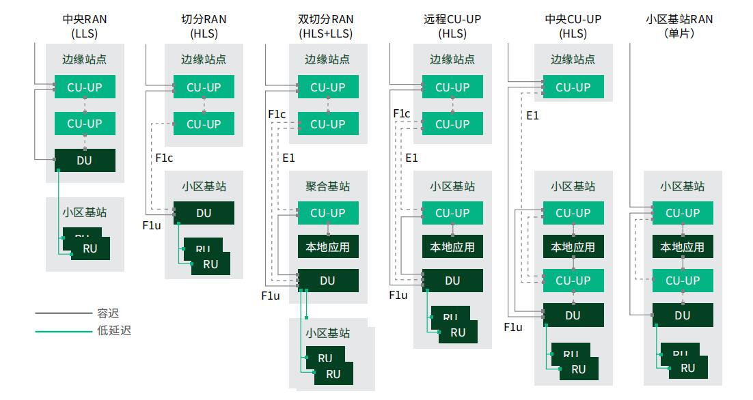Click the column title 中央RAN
pyautogui.click(x=85, y=19)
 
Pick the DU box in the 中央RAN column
pyautogui.click(x=85, y=160)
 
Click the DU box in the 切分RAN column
pyautogui.click(x=204, y=213)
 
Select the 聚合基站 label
pyautogui.click(x=327, y=186)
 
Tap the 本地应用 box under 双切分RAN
pyautogui.click(x=327, y=246)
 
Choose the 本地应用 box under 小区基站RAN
pyautogui.click(x=682, y=246)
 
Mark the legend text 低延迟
pyautogui.click(x=114, y=331)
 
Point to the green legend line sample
pyautogui.click(x=63, y=331)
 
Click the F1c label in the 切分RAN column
pyautogui.click(x=164, y=159)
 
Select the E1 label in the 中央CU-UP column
pyautogui.click(x=532, y=116)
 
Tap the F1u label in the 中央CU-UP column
pyautogui.click(x=513, y=328)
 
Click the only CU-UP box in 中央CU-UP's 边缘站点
pyautogui.click(x=573, y=87)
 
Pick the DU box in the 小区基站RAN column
pyautogui.click(x=682, y=315)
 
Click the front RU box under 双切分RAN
pyautogui.click(x=333, y=374)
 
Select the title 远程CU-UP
pyautogui.click(x=452, y=19)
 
